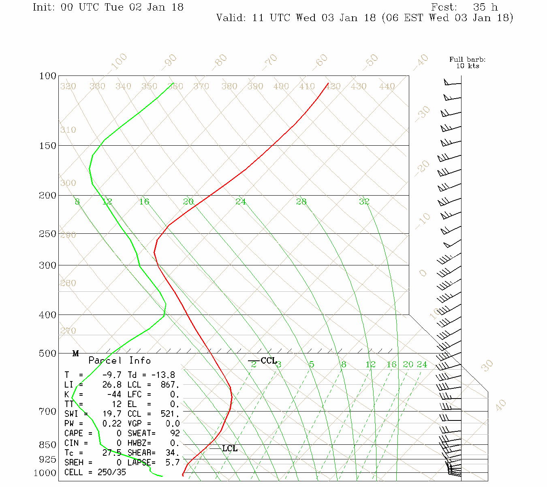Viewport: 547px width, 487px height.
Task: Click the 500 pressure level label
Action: coord(48,353)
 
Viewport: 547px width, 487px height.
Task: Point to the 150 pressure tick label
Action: coord(48,146)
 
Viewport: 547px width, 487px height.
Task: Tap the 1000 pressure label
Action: coord(45,473)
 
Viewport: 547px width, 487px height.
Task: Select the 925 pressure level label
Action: coord(47,459)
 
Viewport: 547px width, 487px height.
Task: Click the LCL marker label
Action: coord(230,448)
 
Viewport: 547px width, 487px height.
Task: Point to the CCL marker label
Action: coord(269,361)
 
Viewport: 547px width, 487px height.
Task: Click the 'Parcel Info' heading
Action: coord(120,360)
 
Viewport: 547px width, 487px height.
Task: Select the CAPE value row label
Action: coord(74,433)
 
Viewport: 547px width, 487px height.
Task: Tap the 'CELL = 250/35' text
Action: coord(95,472)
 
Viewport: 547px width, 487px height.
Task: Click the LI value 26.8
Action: coord(112,385)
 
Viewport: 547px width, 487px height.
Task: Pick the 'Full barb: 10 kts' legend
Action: coord(468,62)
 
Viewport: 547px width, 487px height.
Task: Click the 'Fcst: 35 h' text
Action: coord(464,7)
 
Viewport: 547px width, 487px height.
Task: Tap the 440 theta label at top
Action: coord(387,86)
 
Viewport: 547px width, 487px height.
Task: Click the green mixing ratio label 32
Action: coord(364,202)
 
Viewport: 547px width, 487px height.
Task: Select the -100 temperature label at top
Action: coord(119,62)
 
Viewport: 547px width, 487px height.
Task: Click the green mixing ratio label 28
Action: coord(301,202)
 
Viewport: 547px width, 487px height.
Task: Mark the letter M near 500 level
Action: coord(76,354)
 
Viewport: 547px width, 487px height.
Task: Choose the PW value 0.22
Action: coord(112,424)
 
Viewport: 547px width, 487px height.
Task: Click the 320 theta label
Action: coord(68,86)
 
